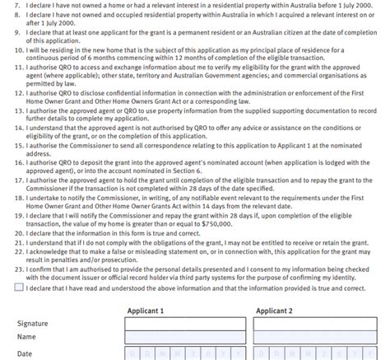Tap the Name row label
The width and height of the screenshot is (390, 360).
(x=27, y=338)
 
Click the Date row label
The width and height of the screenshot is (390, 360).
(x=26, y=353)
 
